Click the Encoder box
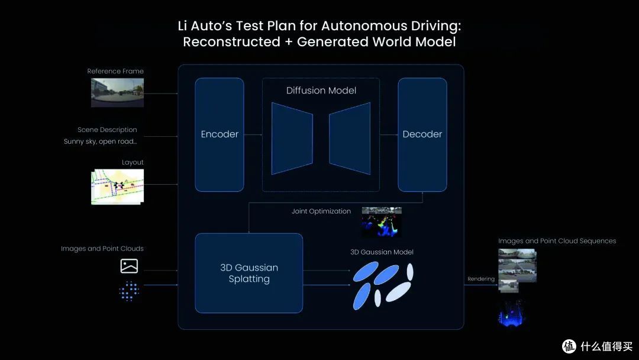click(220, 134)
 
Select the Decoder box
click(422, 134)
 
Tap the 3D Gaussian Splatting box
click(249, 273)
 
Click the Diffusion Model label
click(321, 91)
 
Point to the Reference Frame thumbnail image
click(117, 93)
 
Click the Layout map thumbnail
click(117, 187)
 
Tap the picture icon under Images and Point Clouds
click(129, 266)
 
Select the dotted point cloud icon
click(129, 291)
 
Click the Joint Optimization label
click(321, 211)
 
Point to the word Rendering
click(481, 279)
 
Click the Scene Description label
click(107, 130)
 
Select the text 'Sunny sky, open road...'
click(100, 142)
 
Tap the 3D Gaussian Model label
click(382, 252)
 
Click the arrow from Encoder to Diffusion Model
click(253, 134)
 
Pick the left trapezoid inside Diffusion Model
click(292, 139)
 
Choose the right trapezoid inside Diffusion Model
click(350, 139)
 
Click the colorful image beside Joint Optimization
click(382, 222)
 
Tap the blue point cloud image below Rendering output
click(512, 313)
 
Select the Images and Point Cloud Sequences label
click(557, 241)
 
